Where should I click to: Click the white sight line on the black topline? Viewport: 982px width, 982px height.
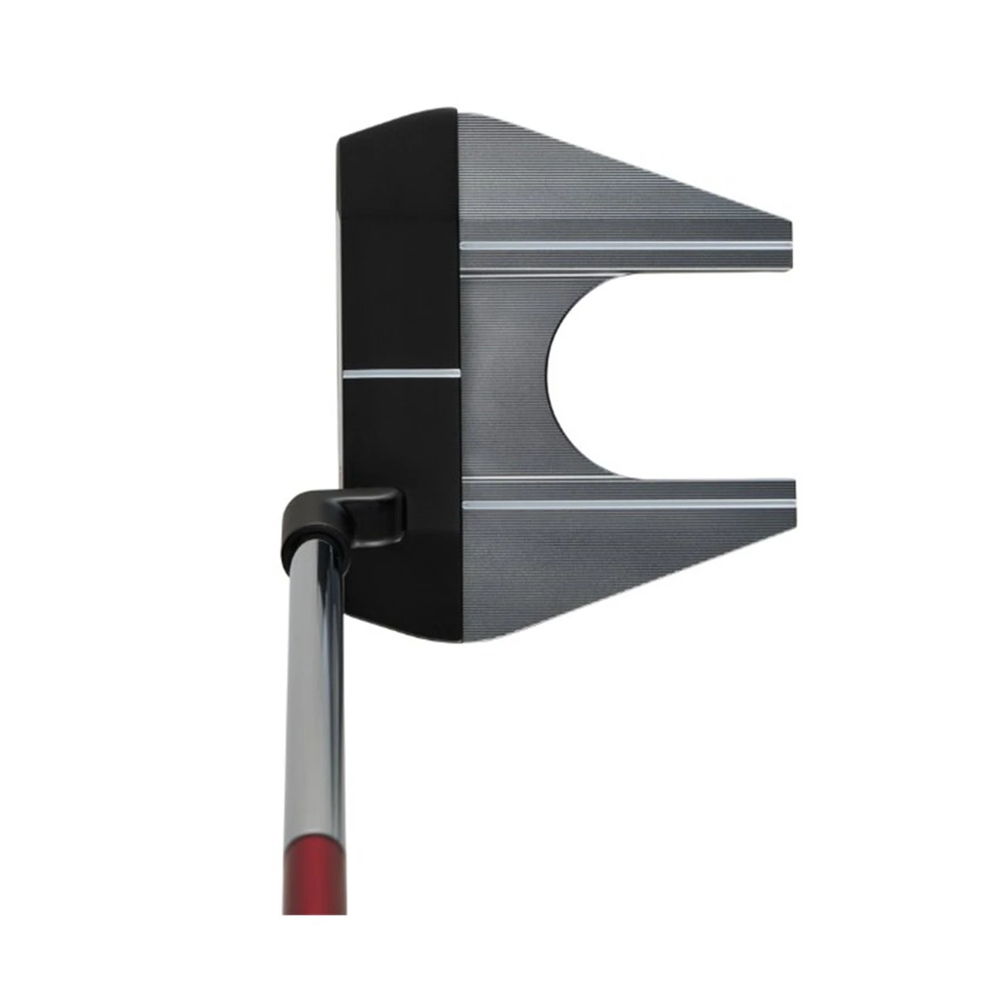click(402, 372)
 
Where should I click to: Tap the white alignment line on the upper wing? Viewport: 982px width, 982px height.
click(626, 246)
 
